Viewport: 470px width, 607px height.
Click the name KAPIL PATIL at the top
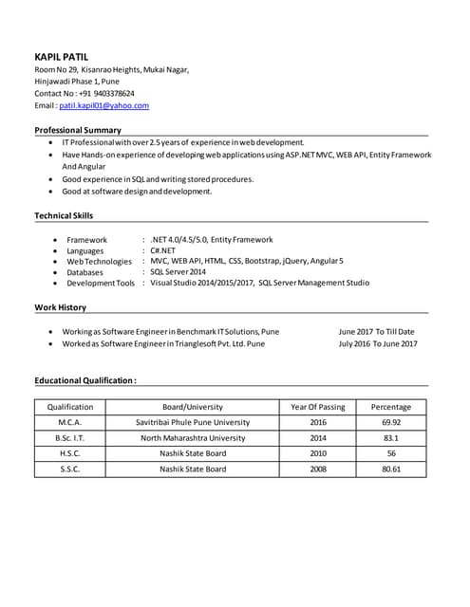tap(62, 57)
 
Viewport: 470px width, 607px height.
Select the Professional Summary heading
tap(78, 130)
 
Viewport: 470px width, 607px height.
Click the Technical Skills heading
tap(64, 215)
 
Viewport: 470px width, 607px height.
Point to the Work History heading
tap(60, 307)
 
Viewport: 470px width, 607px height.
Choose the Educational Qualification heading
tap(85, 380)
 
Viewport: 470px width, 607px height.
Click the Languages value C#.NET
tap(162, 251)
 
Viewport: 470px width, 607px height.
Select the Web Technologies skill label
tap(99, 262)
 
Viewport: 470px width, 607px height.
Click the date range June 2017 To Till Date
tap(376, 332)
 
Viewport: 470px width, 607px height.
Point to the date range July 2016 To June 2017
tap(377, 343)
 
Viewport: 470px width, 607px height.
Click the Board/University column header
tap(193, 407)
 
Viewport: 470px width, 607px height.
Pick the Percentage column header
tap(391, 407)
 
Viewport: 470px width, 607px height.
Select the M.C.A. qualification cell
tap(70, 422)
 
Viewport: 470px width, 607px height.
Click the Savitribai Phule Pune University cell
tap(193, 422)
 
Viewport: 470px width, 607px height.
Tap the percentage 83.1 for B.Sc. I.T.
tap(391, 438)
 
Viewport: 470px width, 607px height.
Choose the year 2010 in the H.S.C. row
tap(318, 453)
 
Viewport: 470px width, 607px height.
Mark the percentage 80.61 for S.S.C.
tap(391, 469)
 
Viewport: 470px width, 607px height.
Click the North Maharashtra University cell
tap(193, 438)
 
